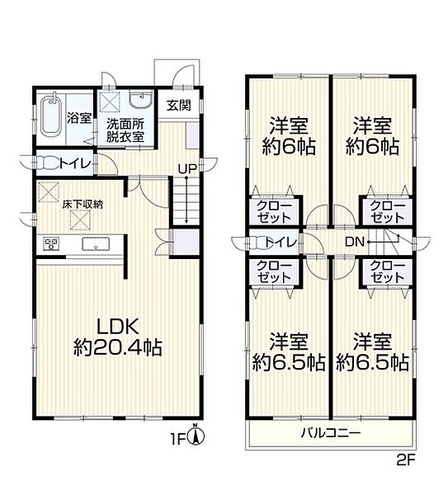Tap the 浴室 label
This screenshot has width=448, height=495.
(78, 118)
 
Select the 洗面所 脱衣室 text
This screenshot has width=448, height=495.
(125, 130)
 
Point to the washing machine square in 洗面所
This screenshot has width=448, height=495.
(110, 101)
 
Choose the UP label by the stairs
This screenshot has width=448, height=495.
(187, 170)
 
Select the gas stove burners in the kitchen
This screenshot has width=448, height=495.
(51, 243)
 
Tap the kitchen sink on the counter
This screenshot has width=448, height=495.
(95, 244)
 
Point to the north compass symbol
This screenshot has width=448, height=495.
(196, 435)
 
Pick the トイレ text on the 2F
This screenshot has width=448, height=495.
(281, 242)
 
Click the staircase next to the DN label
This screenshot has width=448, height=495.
(388, 242)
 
